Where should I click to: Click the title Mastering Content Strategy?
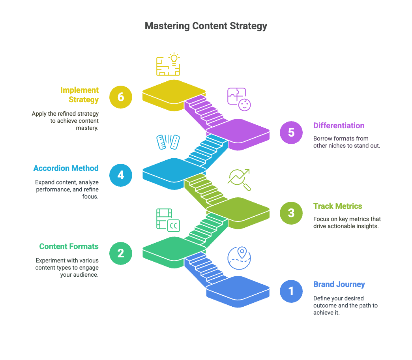(206, 26)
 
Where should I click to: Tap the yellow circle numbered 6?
(121, 97)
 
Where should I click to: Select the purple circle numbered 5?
(291, 133)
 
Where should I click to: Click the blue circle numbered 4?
(121, 175)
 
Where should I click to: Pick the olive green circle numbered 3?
(291, 213)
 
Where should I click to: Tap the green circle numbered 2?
(121, 253)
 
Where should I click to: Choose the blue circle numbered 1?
(291, 291)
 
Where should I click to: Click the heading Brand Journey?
(339, 284)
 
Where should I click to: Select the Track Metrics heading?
(338, 206)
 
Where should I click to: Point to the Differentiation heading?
(339, 126)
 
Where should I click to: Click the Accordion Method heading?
(66, 168)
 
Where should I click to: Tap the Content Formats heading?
(69, 246)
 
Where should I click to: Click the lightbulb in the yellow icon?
(174, 58)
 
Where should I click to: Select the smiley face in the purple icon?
(245, 105)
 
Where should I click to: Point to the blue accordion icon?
(168, 142)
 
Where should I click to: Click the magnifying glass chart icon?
(239, 180)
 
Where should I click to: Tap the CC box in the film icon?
(174, 225)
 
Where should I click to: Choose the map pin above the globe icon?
(242, 252)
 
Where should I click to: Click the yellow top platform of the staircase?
(174, 92)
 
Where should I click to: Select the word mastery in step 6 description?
(87, 128)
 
